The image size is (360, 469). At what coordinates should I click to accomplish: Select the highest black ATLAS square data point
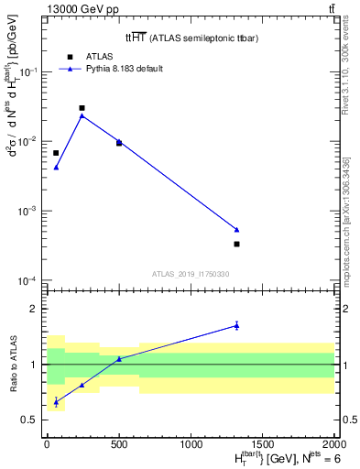(x=82, y=108)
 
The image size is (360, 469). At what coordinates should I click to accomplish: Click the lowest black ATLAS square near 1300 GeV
(x=236, y=244)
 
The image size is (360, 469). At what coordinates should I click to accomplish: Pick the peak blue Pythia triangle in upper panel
(x=82, y=115)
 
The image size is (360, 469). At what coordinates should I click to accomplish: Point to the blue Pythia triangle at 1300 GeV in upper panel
(x=236, y=229)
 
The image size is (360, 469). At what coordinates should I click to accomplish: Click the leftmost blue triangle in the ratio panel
(x=56, y=402)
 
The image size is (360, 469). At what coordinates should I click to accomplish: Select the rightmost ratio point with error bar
(x=236, y=325)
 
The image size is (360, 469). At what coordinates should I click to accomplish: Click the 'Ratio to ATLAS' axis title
(x=13, y=365)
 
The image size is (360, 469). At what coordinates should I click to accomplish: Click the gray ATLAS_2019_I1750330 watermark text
(x=191, y=274)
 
